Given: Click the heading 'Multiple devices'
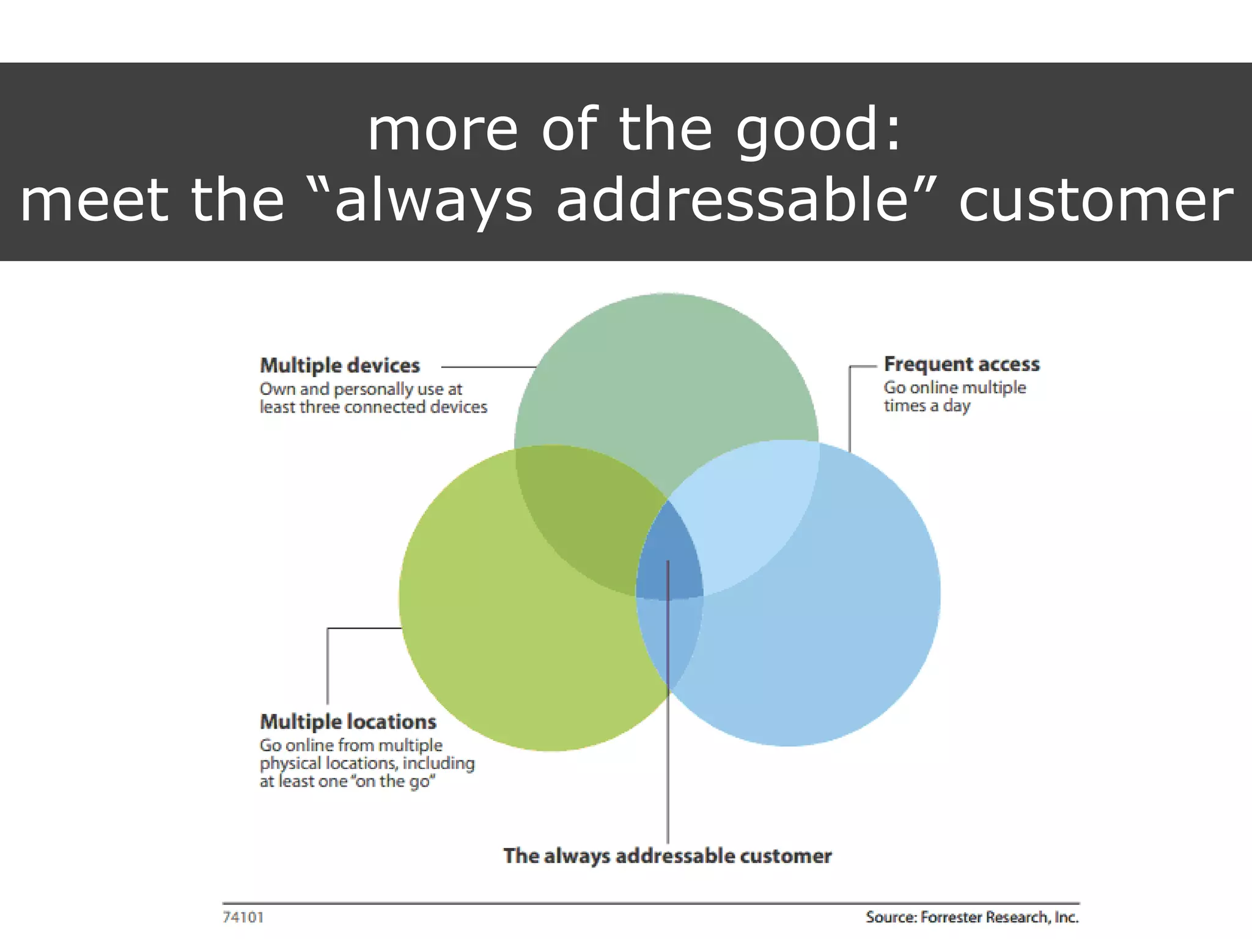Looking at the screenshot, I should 340,366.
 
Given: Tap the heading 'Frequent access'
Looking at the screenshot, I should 962,364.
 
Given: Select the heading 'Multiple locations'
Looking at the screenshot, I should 348,722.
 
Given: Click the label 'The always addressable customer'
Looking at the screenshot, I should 667,856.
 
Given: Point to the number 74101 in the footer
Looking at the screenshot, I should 243,917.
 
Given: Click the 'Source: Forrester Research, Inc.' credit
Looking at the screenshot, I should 972,917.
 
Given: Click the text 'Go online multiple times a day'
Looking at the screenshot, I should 954,396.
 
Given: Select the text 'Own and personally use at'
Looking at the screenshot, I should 361,389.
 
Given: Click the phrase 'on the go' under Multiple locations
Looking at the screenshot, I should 391,781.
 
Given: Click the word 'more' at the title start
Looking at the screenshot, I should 443,130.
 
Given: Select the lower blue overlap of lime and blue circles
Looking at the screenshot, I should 669,642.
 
